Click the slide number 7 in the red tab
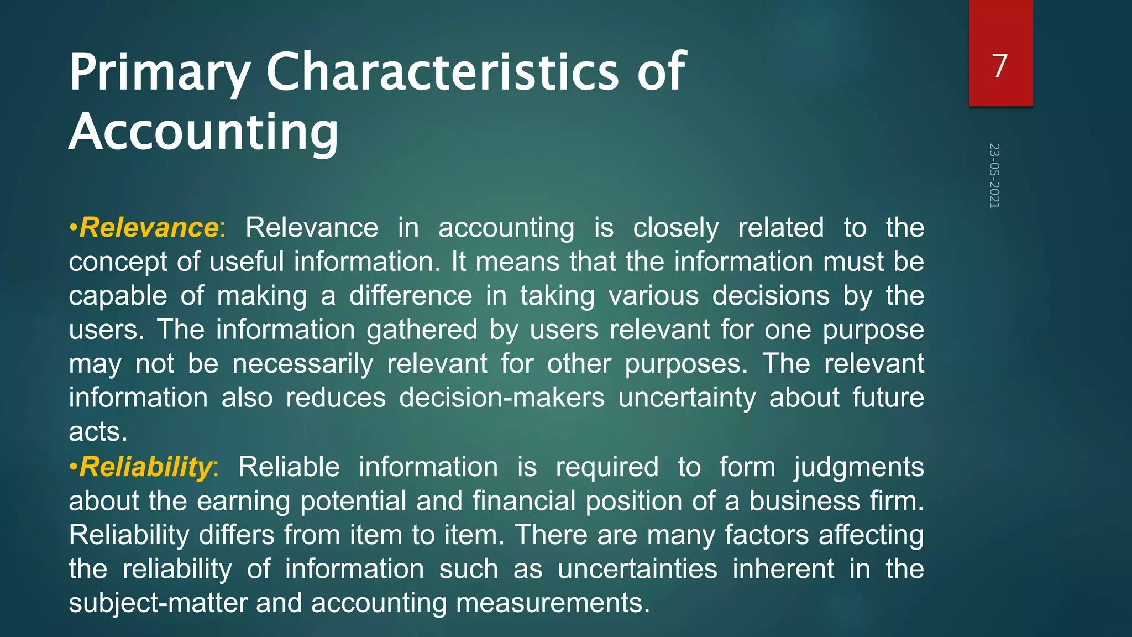pyautogui.click(x=1000, y=66)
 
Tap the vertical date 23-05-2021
pyautogui.click(x=994, y=176)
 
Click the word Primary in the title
pyautogui.click(x=160, y=73)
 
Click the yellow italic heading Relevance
pyautogui.click(x=149, y=228)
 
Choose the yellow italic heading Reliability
pyautogui.click(x=145, y=467)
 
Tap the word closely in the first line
pyautogui.click(x=675, y=228)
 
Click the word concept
pyautogui.click(x=117, y=262)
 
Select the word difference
pyautogui.click(x=411, y=296)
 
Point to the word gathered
pyautogui.click(x=422, y=330)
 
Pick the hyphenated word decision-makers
pyautogui.click(x=502, y=398)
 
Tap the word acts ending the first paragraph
pyautogui.click(x=98, y=432)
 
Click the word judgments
pyautogui.click(x=859, y=467)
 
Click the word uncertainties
pyautogui.click(x=637, y=569)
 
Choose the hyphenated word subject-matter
pyautogui.click(x=158, y=603)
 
